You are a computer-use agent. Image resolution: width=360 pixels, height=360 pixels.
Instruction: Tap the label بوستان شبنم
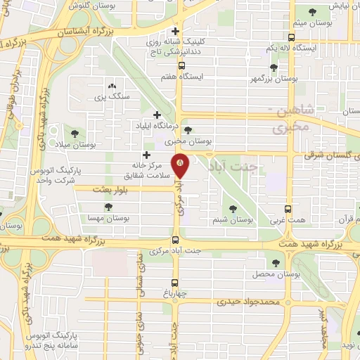click(x=233, y=220)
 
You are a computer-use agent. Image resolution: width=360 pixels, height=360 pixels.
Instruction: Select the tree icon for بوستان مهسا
click(x=108, y=207)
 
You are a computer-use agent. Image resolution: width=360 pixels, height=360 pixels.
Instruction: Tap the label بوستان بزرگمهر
click(x=273, y=79)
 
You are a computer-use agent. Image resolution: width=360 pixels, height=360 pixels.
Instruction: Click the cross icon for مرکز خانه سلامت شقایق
click(x=146, y=155)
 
